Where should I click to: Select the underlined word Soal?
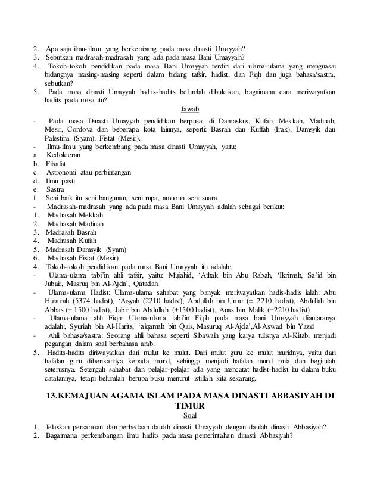tap(189, 415)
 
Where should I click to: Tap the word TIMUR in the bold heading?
tap(189, 404)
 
